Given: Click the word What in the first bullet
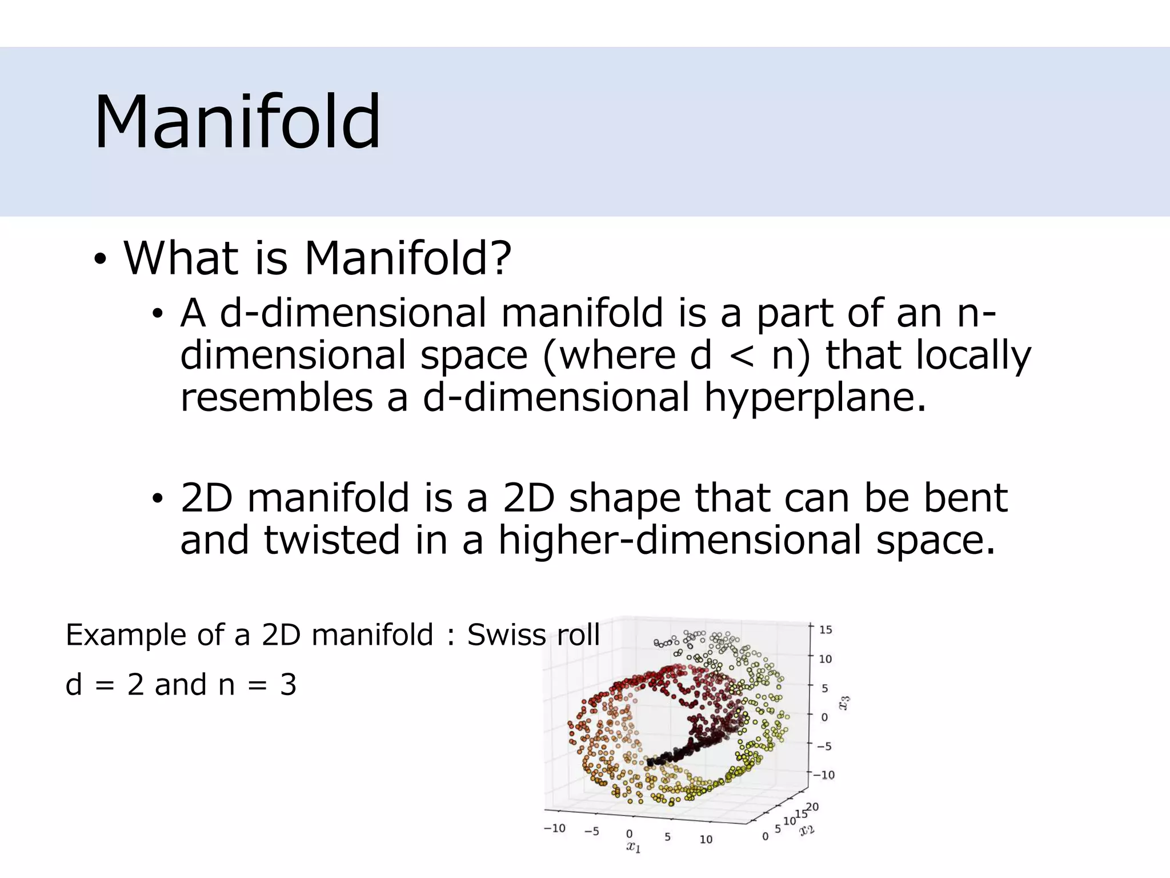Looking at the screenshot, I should click(181, 258).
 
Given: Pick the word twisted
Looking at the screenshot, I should click(332, 540).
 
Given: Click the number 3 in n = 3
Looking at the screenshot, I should click(288, 685).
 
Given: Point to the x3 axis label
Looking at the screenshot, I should click(844, 702).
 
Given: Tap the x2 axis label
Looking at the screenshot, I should click(807, 829).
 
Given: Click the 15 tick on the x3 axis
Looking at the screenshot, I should click(826, 630).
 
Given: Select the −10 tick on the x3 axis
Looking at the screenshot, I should click(824, 775).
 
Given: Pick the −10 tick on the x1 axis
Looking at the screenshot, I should click(554, 828).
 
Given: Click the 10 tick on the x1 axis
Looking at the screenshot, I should click(706, 839).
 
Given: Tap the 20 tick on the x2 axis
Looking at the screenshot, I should click(812, 807).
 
